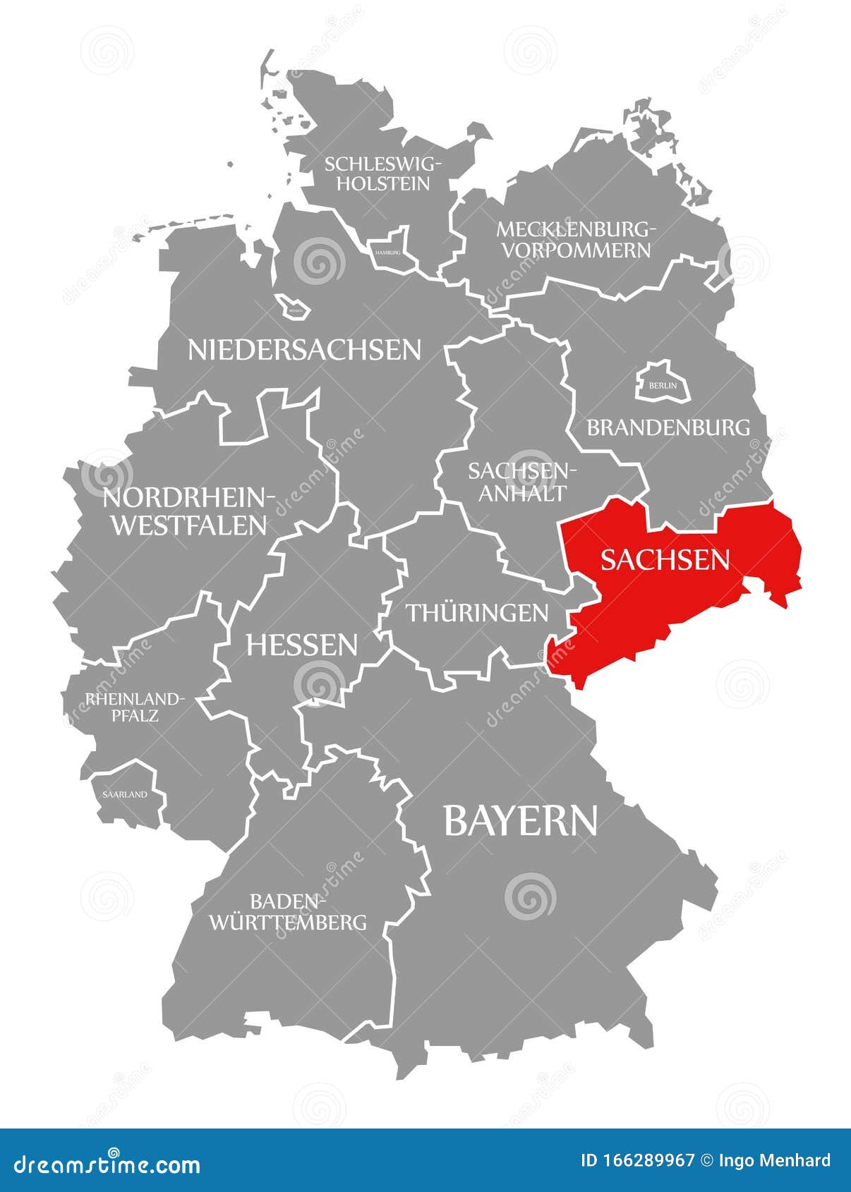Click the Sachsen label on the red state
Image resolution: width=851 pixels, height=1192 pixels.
(665, 559)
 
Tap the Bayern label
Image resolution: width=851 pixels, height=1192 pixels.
(520, 820)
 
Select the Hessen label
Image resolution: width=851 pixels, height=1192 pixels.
(301, 645)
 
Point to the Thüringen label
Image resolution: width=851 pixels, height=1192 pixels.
(477, 612)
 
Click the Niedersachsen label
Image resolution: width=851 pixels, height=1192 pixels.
(304, 350)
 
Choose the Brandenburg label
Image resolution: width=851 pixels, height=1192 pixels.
(668, 427)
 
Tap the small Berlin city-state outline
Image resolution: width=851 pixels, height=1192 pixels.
(663, 383)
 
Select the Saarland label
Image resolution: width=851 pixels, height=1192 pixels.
(125, 794)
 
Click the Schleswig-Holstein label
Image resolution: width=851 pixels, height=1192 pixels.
(383, 174)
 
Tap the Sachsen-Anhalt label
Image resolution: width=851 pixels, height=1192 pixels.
(522, 482)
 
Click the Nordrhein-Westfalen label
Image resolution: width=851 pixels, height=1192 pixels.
(188, 511)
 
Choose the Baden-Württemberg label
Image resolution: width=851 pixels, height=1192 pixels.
(287, 911)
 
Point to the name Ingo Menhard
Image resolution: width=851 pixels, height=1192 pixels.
(774, 1160)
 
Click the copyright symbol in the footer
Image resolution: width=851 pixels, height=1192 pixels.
(706, 1160)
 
